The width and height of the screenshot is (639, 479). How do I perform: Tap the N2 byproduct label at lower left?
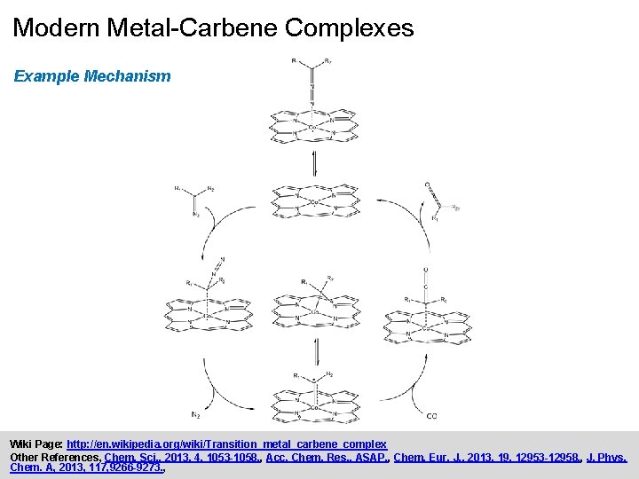pyautogui.click(x=194, y=414)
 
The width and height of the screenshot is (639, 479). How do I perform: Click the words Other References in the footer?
pyautogui.click(x=53, y=457)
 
